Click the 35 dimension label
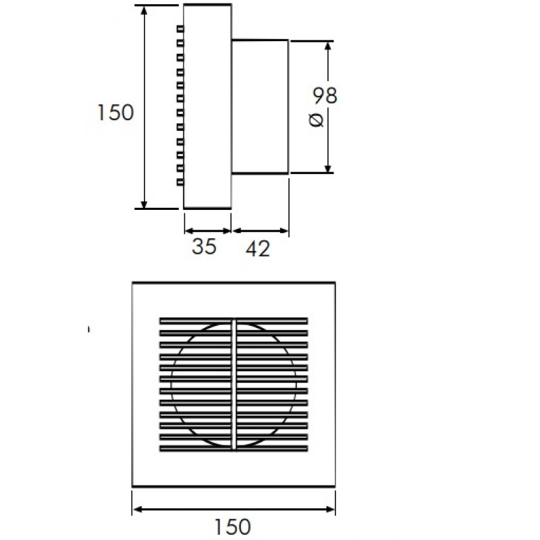click(x=205, y=246)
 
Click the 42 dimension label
click(x=258, y=248)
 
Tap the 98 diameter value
click(x=325, y=95)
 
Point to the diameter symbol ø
click(x=316, y=120)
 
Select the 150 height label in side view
click(x=115, y=112)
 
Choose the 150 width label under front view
click(x=233, y=526)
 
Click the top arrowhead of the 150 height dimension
click(x=144, y=10)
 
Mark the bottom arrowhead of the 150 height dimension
click(x=144, y=204)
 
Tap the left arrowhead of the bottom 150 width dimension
click(x=138, y=510)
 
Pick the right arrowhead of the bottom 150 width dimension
click(x=330, y=510)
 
